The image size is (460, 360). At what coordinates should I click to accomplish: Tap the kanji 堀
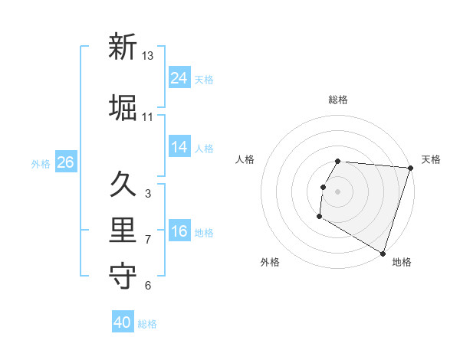tap(123, 107)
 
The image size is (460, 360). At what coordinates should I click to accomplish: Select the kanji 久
tap(123, 184)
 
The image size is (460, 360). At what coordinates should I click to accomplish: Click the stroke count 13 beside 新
tap(148, 56)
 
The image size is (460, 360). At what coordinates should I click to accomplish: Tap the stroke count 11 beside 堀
tap(148, 117)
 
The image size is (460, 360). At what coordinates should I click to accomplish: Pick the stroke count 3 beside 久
tap(148, 194)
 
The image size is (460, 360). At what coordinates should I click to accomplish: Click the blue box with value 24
tap(179, 78)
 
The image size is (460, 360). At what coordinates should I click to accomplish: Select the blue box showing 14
tap(179, 147)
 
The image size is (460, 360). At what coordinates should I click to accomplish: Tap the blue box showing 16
tap(179, 231)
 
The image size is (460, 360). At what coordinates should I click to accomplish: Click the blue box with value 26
tap(65, 162)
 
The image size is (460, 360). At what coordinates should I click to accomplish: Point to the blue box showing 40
tap(123, 323)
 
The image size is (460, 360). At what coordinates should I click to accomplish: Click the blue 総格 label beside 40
tap(148, 324)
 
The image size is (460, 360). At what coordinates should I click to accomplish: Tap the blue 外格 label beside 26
tap(41, 163)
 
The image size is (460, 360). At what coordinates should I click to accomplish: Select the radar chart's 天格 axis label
tap(431, 159)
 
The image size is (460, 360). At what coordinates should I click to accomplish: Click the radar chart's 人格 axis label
tap(245, 159)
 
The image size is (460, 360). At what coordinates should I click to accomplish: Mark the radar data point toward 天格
tap(410, 168)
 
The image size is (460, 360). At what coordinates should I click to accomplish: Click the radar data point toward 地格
tap(382, 253)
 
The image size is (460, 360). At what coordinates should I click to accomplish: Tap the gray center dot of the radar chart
tap(337, 191)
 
